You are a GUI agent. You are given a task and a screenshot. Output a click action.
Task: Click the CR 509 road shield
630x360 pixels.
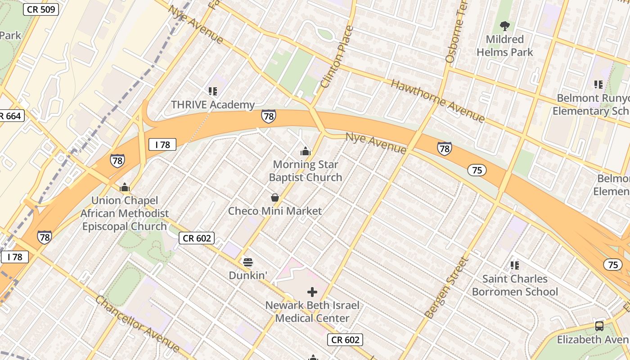(41, 9)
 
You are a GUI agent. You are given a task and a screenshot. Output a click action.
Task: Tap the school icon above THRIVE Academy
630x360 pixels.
(213, 91)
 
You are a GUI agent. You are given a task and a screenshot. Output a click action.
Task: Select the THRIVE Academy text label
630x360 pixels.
(213, 105)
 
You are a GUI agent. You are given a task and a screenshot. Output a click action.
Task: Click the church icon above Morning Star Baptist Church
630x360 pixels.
(306, 151)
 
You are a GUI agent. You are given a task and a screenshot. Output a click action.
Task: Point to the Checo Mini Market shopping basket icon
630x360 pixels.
(274, 198)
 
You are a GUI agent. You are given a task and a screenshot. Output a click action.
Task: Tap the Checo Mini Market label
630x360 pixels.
(274, 211)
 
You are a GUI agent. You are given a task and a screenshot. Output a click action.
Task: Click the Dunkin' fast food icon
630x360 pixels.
(247, 262)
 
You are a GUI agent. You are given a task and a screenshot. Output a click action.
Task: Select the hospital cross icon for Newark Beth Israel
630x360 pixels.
(312, 292)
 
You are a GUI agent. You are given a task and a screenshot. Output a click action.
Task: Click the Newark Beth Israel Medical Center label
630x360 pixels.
(312, 312)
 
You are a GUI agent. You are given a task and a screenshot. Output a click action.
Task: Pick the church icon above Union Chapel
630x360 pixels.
(125, 187)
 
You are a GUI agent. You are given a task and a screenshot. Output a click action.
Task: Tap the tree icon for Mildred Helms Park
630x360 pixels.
(504, 26)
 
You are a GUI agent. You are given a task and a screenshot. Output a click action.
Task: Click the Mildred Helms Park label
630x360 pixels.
(504, 46)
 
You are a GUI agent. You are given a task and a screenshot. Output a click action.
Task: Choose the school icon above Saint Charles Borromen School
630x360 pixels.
(515, 265)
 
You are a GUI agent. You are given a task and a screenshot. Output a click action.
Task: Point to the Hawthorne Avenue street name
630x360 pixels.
(437, 101)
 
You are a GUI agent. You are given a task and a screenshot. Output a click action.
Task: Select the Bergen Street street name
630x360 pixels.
(447, 288)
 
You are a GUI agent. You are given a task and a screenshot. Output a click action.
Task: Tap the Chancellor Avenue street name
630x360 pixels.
(138, 324)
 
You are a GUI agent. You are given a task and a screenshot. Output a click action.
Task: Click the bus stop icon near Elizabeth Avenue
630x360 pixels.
(599, 326)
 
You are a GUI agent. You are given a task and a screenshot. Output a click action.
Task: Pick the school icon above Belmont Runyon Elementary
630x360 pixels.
(598, 84)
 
